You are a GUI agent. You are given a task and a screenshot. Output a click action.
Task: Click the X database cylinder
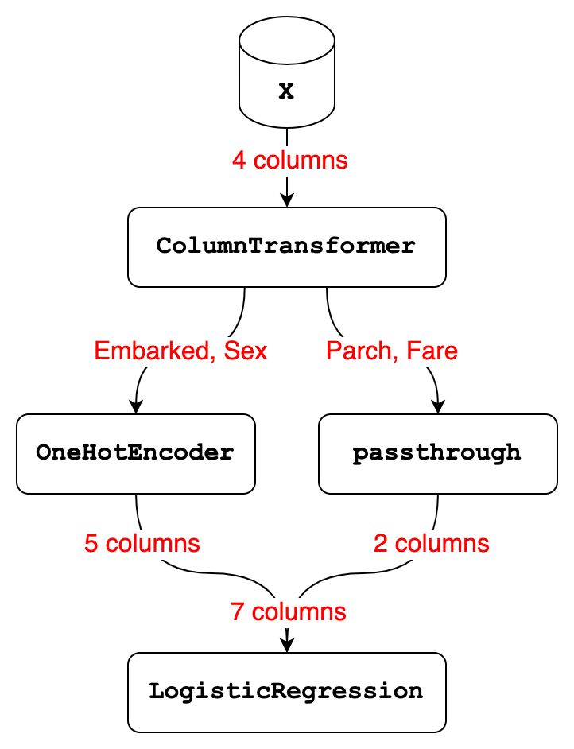click(x=286, y=72)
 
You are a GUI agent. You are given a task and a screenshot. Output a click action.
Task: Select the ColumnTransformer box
click(x=286, y=247)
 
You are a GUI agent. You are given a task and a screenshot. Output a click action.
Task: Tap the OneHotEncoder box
click(x=136, y=454)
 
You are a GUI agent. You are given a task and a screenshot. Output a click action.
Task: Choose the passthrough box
click(x=438, y=454)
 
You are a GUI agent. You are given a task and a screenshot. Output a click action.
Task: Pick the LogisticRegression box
click(x=286, y=693)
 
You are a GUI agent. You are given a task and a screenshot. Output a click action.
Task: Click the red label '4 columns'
click(x=290, y=160)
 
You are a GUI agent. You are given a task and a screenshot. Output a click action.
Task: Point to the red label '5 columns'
click(x=142, y=544)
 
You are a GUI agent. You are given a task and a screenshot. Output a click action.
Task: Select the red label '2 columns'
click(x=431, y=544)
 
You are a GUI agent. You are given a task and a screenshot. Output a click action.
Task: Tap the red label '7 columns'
click(x=289, y=612)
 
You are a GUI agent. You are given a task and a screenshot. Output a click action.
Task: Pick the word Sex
click(x=246, y=351)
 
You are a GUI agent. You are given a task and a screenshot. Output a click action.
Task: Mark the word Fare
click(x=432, y=351)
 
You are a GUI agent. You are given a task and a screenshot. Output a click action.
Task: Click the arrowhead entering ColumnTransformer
click(x=286, y=200)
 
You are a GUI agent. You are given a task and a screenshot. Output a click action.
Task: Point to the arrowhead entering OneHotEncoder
click(x=136, y=406)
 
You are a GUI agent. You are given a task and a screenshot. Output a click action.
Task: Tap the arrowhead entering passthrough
click(x=438, y=406)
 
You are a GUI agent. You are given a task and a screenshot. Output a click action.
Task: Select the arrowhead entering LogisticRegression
click(x=286, y=645)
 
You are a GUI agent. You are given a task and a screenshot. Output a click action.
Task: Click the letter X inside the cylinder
click(x=286, y=91)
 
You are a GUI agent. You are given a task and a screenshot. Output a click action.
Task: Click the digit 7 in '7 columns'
click(x=238, y=612)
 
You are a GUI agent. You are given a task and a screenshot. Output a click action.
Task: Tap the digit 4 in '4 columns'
click(x=239, y=160)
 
